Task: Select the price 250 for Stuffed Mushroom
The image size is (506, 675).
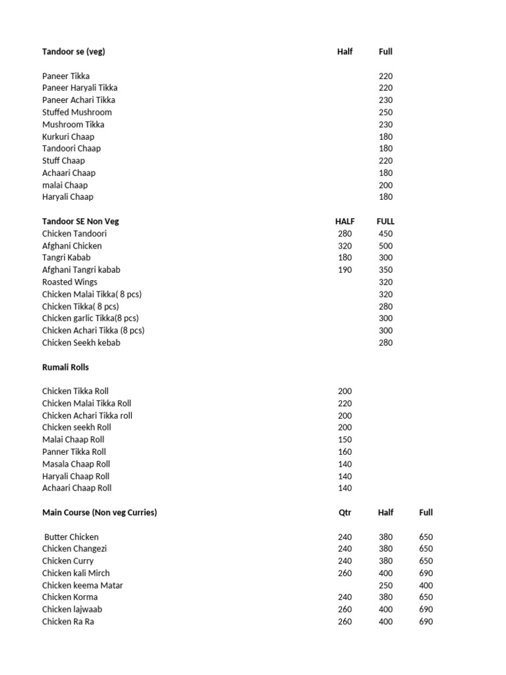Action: pyautogui.click(x=385, y=112)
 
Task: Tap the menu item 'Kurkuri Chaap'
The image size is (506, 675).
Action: pyautogui.click(x=69, y=136)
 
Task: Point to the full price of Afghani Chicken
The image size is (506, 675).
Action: pyautogui.click(x=385, y=246)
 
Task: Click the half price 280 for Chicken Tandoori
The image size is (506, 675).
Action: pyautogui.click(x=345, y=233)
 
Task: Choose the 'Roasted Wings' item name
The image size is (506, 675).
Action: pyautogui.click(x=70, y=282)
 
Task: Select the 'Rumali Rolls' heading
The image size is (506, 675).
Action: pyautogui.click(x=65, y=367)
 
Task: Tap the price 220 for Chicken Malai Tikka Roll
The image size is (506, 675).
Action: pyautogui.click(x=345, y=403)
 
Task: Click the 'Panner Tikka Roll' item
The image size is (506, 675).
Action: pyautogui.click(x=74, y=452)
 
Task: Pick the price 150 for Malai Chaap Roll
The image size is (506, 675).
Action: pyautogui.click(x=345, y=440)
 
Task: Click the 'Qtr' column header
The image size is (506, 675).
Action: pyautogui.click(x=345, y=512)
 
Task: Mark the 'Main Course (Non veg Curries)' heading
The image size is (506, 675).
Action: pyautogui.click(x=99, y=512)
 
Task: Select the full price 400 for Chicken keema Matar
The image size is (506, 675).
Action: pyautogui.click(x=426, y=585)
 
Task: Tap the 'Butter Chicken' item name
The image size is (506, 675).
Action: pyautogui.click(x=71, y=537)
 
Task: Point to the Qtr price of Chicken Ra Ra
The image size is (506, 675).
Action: pyautogui.click(x=345, y=622)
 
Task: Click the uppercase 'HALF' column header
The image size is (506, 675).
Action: pyautogui.click(x=345, y=221)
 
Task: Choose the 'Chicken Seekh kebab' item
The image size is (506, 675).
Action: pyautogui.click(x=81, y=343)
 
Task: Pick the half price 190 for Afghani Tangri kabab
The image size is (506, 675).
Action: pyautogui.click(x=345, y=270)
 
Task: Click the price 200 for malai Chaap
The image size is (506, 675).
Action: pyautogui.click(x=385, y=185)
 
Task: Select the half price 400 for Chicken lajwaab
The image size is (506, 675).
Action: pyautogui.click(x=385, y=610)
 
